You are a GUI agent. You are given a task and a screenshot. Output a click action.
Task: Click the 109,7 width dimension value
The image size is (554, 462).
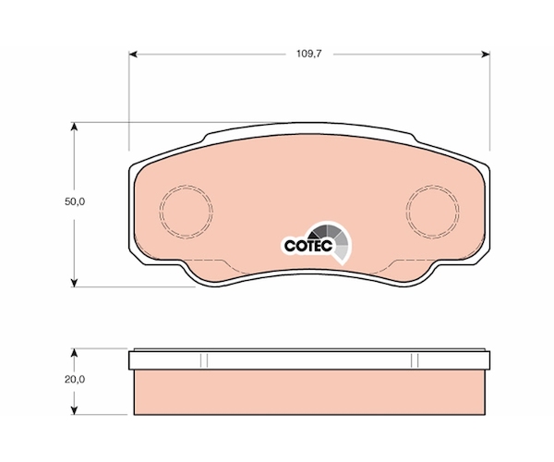click(x=309, y=54)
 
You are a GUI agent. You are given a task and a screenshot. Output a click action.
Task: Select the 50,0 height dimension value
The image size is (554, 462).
click(x=75, y=201)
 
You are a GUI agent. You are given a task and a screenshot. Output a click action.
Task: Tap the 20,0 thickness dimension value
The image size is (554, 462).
click(x=75, y=379)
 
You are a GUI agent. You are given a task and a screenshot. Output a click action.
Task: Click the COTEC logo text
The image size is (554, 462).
click(x=308, y=246)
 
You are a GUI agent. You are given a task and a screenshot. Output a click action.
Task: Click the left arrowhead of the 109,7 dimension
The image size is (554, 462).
click(x=132, y=55)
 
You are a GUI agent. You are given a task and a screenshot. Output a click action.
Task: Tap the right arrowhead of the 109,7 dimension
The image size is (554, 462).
click(x=486, y=55)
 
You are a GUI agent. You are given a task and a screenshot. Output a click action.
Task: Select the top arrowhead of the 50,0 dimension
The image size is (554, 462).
click(x=74, y=127)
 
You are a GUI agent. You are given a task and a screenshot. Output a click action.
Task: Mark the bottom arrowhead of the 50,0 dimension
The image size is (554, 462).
click(x=74, y=283)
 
